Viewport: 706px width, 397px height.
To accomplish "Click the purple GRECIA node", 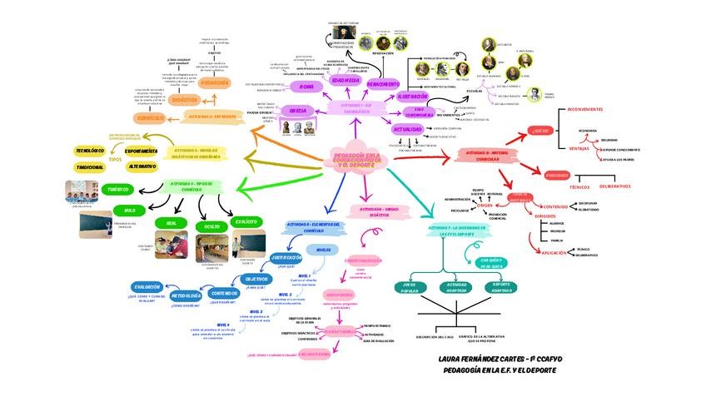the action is [x=298, y=110].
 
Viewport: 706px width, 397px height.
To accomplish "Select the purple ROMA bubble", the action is [x=307, y=87].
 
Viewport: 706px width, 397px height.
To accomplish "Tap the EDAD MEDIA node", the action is [x=346, y=81].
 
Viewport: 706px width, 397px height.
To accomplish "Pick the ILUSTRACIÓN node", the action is [x=413, y=97].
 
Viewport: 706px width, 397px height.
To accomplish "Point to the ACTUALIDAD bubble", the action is [x=408, y=130].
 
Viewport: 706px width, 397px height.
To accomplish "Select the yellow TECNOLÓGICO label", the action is [x=90, y=151].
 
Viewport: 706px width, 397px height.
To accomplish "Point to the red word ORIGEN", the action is [x=496, y=205].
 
